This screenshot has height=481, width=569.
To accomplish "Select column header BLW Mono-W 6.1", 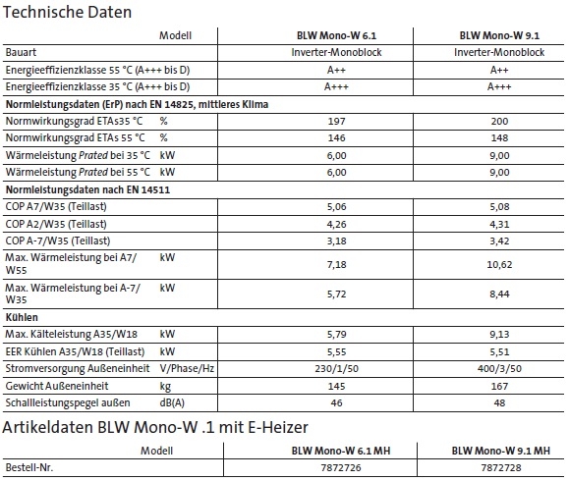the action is tap(335, 35).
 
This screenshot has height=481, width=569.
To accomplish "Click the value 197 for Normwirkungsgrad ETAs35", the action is tap(335, 121).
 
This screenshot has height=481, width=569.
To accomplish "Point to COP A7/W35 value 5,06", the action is tap(335, 207).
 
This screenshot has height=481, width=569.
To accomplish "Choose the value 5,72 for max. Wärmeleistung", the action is tap(335, 294).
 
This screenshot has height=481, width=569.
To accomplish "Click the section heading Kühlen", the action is tap(22, 318).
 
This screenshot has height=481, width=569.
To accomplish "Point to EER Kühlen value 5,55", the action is tap(335, 352).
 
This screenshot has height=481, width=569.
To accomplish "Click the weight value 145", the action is tap(335, 386).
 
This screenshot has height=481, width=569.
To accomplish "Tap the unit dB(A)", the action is tap(175, 403).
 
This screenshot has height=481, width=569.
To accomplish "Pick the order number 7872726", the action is tap(335, 467).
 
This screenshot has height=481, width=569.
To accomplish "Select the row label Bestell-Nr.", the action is tap(31, 467).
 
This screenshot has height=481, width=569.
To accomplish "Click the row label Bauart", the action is tap(24, 52).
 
